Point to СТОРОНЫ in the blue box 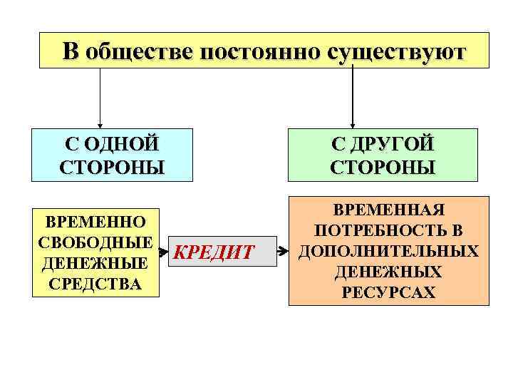click(113, 168)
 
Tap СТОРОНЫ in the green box click(383, 168)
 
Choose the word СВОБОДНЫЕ click(96, 241)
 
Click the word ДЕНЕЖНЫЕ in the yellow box click(96, 262)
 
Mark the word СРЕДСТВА click(96, 284)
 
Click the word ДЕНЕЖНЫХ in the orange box click(389, 272)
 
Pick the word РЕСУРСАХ click(389, 292)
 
